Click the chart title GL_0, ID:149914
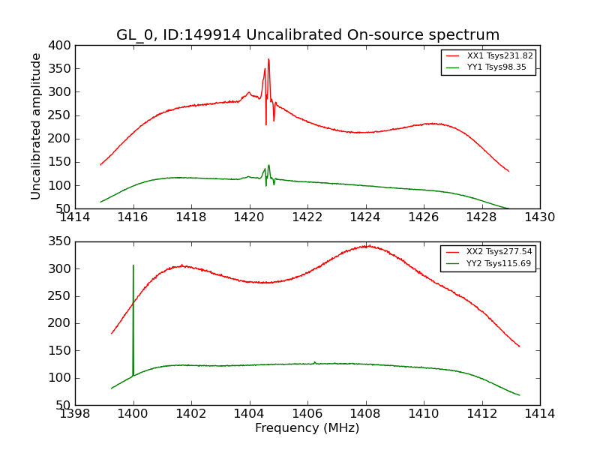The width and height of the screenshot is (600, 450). tap(307, 35)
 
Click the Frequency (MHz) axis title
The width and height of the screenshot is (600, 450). tap(307, 428)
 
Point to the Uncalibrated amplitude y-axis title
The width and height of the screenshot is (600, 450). tap(36, 126)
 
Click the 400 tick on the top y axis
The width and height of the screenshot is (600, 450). tap(61, 46)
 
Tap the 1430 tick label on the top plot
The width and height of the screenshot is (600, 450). tap(540, 217)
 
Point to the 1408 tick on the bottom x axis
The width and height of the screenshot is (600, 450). tap(366, 414)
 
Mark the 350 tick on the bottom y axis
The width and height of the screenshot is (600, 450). tap(61, 241)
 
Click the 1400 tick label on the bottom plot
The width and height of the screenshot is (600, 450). tap(133, 414)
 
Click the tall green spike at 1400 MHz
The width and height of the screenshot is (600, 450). tap(133, 265)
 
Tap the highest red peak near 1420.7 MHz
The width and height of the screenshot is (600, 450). tap(268, 59)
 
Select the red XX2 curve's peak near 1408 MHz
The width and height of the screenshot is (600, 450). tap(366, 246)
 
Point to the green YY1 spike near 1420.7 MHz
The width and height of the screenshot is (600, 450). tap(268, 166)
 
